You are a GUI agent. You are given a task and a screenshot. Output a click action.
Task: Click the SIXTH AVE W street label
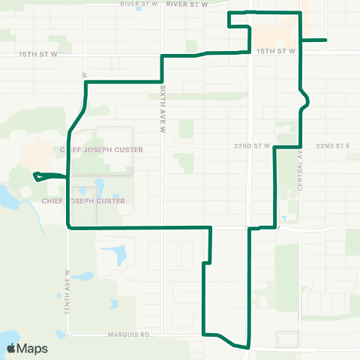[161, 109]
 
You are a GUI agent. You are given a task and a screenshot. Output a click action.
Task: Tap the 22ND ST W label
[254, 145]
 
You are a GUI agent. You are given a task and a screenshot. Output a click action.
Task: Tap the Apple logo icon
[11, 348]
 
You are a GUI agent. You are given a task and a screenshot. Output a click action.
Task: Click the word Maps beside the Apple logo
[32, 348]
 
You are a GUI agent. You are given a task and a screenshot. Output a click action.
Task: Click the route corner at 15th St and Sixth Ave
[162, 57]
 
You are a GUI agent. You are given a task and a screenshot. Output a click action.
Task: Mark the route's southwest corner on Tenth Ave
[69, 226]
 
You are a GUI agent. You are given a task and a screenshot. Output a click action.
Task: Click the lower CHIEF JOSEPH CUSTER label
[83, 201]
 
